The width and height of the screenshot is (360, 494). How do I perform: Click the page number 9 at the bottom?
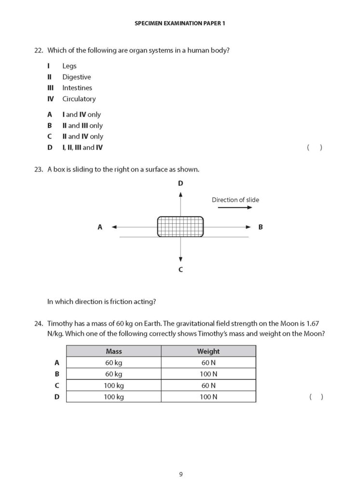[180, 474]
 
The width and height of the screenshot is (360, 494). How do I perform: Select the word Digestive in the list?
[76, 77]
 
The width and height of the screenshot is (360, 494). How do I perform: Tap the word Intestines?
[77, 88]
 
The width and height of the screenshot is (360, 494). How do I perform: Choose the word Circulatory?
[79, 99]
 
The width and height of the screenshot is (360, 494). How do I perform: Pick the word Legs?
[69, 66]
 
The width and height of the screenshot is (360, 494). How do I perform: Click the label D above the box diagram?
[180, 183]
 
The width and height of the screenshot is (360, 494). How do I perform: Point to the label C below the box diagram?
[180, 270]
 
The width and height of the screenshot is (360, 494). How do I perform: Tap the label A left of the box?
[100, 227]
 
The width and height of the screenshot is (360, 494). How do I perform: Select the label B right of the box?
[261, 227]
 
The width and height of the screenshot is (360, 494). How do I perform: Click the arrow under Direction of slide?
[235, 207]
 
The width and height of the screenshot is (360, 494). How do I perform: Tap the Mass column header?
[113, 352]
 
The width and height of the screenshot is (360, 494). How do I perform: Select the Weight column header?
[208, 352]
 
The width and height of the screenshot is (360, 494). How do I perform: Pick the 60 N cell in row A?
[208, 363]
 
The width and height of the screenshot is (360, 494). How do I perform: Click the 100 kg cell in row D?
[113, 397]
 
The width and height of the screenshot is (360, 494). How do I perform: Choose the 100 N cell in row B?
[208, 374]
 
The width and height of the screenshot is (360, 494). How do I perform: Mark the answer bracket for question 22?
[315, 148]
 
